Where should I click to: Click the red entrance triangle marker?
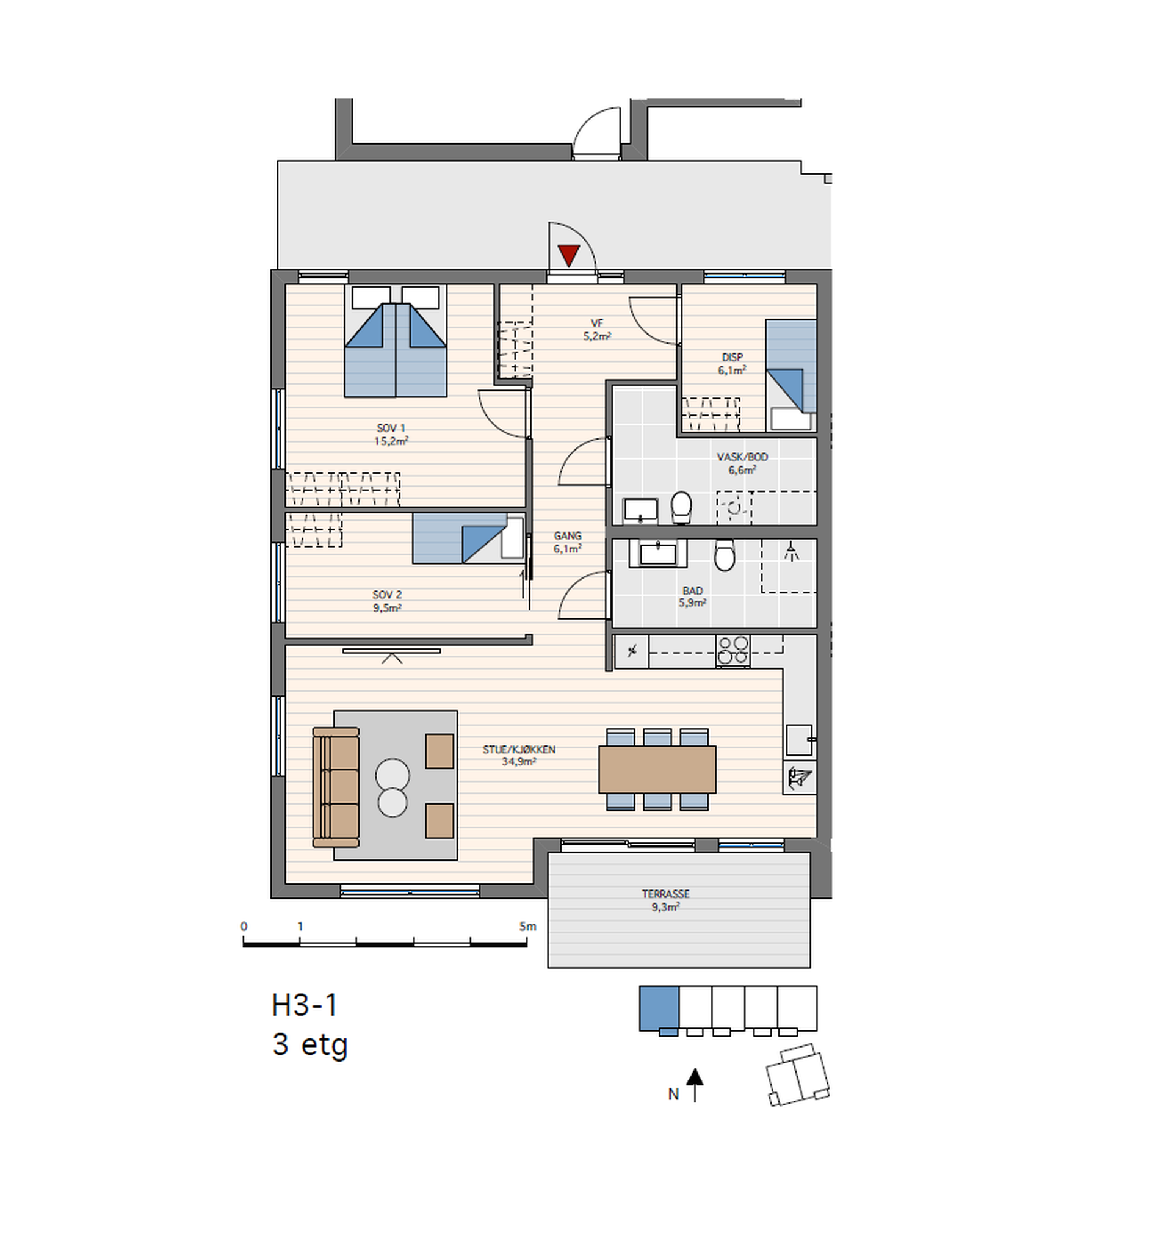tap(569, 255)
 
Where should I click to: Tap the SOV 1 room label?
tap(391, 429)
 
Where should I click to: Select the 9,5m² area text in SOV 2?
tap(387, 609)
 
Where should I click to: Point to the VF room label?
tap(597, 323)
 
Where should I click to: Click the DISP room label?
tap(733, 357)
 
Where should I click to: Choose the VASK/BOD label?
tap(742, 457)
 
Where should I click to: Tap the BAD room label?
tap(693, 591)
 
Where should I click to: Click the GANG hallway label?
tap(568, 535)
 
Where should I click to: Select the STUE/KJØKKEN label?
tap(519, 750)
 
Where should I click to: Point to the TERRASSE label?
tap(666, 894)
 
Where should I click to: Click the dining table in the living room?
tap(657, 769)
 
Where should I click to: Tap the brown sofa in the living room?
tap(336, 787)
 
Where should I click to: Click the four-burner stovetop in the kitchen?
tap(733, 651)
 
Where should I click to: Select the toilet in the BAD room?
tap(725, 555)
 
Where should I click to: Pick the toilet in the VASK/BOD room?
tap(681, 508)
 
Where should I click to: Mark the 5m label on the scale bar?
tap(528, 927)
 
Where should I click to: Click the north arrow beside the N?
tap(695, 1085)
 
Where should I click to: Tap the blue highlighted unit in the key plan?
tap(659, 1008)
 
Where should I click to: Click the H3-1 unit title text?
tap(305, 1005)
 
